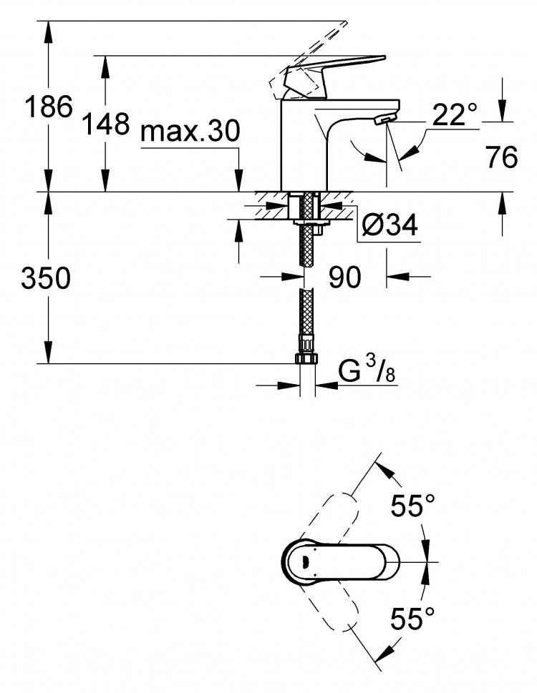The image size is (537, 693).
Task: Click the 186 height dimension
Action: [48, 106]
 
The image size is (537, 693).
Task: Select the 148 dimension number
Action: [106, 123]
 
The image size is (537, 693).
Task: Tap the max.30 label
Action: [190, 131]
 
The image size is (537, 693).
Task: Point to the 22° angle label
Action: [455, 114]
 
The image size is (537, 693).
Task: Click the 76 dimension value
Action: [502, 157]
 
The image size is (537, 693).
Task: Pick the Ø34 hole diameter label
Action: [390, 225]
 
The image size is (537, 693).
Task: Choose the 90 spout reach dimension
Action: [344, 277]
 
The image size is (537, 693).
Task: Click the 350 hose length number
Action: [46, 278]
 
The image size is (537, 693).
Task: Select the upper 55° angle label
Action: [412, 504]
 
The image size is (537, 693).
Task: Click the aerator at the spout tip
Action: [384, 119]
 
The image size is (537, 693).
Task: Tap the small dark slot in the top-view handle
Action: [305, 562]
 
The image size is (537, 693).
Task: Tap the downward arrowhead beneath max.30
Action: [238, 180]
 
